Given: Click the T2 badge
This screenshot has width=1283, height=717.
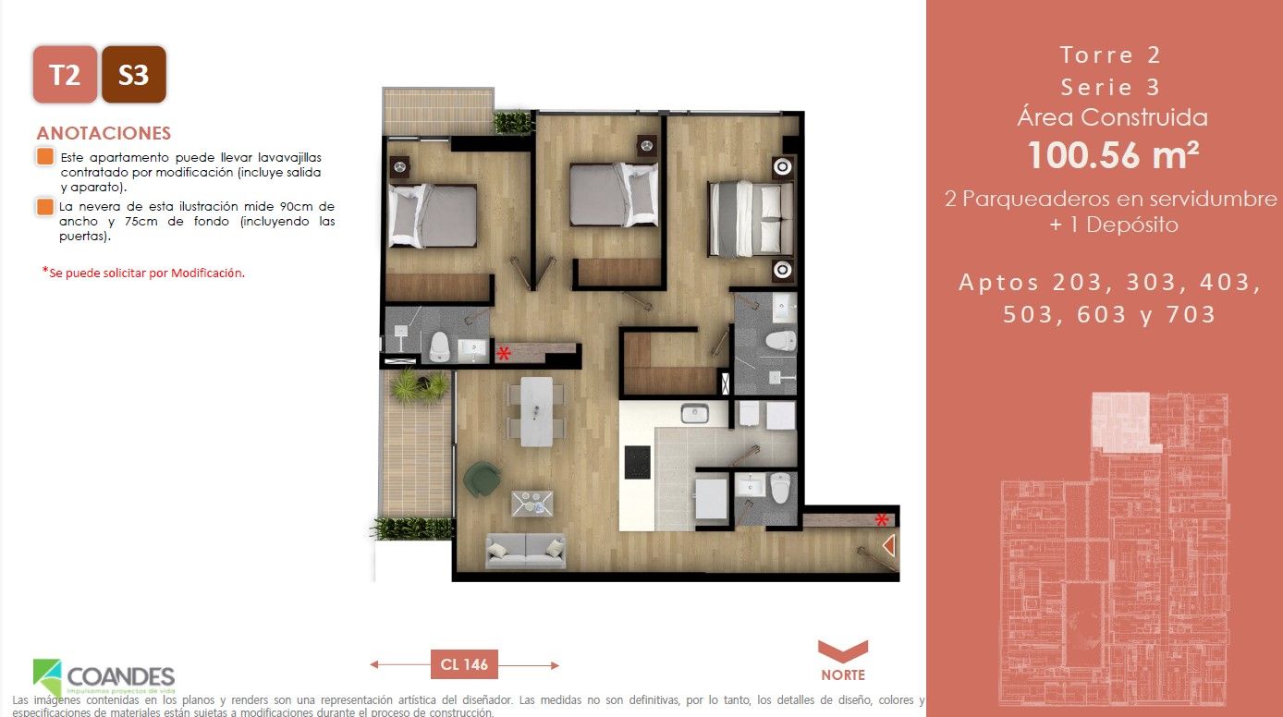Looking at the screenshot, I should pyautogui.click(x=65, y=74).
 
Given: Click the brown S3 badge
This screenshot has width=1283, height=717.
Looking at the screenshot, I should pyautogui.click(x=134, y=74).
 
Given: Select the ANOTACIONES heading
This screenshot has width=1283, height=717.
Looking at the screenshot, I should pyautogui.click(x=104, y=133).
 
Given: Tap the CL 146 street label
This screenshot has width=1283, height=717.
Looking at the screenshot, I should pyautogui.click(x=464, y=663).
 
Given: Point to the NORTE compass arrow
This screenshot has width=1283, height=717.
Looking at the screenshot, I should pyautogui.click(x=842, y=650).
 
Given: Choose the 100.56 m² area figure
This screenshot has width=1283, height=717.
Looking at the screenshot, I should pyautogui.click(x=1113, y=155).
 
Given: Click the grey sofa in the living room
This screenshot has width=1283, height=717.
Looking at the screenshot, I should pyautogui.click(x=525, y=550).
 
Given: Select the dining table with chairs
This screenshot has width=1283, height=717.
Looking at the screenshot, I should pyautogui.click(x=536, y=411).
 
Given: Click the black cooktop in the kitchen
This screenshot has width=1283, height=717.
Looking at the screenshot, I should pyautogui.click(x=638, y=462).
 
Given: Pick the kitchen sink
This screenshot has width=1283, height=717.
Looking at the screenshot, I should pyautogui.click(x=694, y=413).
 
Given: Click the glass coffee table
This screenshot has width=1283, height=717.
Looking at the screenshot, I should pyautogui.click(x=532, y=503).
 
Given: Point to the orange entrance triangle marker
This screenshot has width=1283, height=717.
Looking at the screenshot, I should pyautogui.click(x=888, y=546).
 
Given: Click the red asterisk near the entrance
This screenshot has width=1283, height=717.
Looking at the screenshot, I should pyautogui.click(x=882, y=518).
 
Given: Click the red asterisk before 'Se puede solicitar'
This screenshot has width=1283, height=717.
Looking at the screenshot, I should pyautogui.click(x=44, y=272).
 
